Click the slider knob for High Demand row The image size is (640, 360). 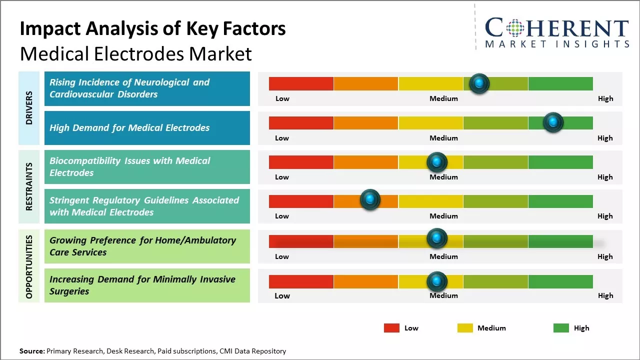point(552,122)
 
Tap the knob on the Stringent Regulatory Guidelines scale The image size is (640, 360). point(370,199)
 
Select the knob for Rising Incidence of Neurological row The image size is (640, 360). point(479,83)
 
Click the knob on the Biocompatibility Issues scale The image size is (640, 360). point(436,162)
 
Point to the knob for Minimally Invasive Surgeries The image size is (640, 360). point(436,281)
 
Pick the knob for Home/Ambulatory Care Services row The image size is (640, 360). point(436,238)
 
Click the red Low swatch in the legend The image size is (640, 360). point(391,328)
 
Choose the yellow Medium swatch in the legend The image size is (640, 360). point(465,328)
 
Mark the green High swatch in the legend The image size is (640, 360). point(561,328)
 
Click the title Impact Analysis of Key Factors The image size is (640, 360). point(152,28)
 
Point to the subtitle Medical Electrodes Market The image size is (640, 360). point(135,53)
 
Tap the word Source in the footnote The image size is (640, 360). point(31,351)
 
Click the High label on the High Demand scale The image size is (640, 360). point(605,138)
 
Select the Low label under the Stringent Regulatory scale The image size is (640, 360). point(282,216)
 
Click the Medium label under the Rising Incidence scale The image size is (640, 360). point(443,98)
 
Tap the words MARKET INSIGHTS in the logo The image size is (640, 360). point(557,44)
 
